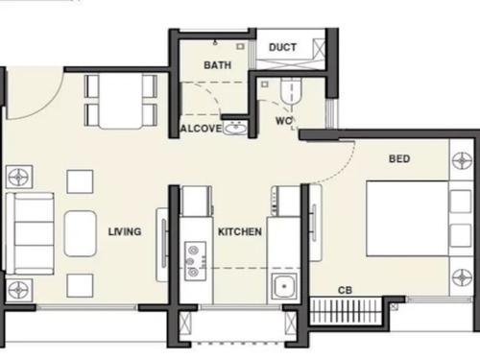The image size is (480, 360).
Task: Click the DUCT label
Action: [x=281, y=47]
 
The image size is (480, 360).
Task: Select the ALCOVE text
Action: [x=201, y=129]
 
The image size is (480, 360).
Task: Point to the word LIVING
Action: [x=125, y=231]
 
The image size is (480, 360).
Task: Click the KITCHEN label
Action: [x=240, y=232]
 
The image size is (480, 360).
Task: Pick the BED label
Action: [x=399, y=158]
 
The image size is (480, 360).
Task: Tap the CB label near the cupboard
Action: [x=344, y=290]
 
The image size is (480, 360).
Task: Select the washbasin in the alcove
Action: [x=234, y=128]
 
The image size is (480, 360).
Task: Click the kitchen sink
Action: [x=284, y=287]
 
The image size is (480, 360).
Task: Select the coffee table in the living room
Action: [x=80, y=232]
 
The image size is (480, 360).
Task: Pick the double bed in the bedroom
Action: [x=406, y=219]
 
